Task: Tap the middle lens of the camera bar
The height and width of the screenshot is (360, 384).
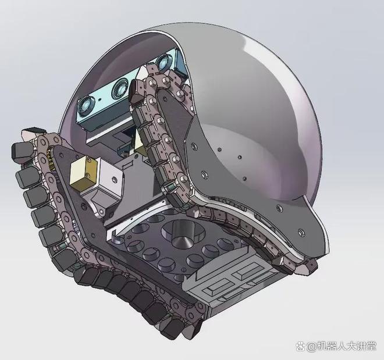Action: [119, 90]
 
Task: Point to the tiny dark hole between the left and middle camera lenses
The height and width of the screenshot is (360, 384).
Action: [99, 99]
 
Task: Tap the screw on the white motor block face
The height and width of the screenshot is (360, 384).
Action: [115, 179]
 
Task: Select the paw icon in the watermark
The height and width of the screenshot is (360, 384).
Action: [300, 346]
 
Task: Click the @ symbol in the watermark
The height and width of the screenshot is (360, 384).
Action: [310, 347]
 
